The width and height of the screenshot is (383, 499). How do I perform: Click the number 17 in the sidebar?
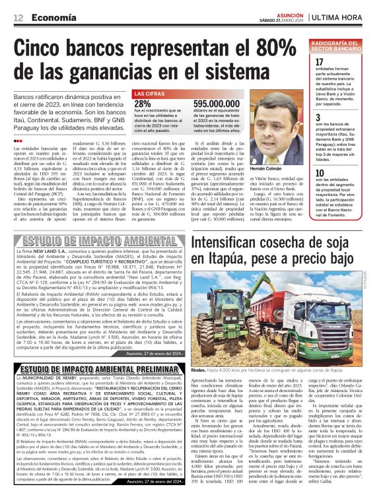click(320, 63)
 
